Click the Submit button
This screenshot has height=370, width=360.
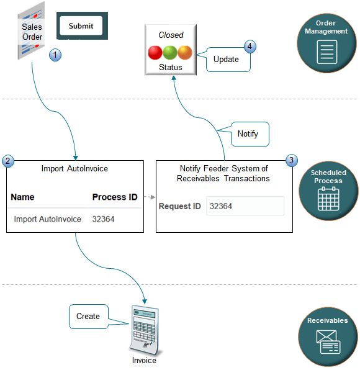[x=81, y=26]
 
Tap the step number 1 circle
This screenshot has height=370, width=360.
[x=56, y=55]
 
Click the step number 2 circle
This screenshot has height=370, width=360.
[x=7, y=161]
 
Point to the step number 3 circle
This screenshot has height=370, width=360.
[x=291, y=161]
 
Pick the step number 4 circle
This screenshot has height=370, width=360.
[x=250, y=47]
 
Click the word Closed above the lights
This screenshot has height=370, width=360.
[x=170, y=35]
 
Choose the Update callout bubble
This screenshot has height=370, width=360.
[x=226, y=60]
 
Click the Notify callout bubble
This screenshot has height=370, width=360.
[x=248, y=133]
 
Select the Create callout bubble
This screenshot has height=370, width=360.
[x=88, y=316]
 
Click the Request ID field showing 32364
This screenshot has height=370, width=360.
[x=245, y=206]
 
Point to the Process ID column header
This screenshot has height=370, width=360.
[x=115, y=197]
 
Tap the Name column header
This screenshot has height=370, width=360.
[x=22, y=197]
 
